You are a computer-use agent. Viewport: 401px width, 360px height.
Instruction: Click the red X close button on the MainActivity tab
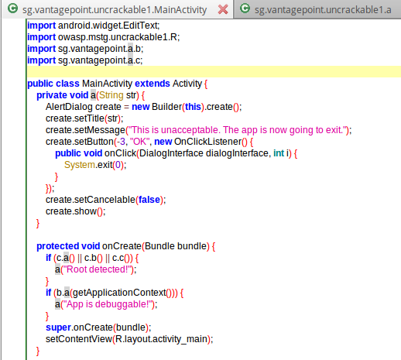[223, 10]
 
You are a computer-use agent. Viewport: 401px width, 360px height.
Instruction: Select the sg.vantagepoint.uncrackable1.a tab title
[323, 10]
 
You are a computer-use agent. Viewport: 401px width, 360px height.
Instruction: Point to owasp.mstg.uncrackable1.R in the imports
[118, 37]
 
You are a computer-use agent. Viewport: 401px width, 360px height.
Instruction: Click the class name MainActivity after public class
[107, 84]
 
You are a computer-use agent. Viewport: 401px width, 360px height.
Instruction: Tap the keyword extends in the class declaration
[153, 84]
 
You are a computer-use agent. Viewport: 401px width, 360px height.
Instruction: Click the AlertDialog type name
[69, 107]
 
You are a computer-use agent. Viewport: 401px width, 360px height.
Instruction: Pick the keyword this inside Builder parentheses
[193, 107]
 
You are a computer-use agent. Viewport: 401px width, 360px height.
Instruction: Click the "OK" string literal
[140, 142]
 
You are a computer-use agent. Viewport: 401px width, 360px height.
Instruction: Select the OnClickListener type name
[207, 142]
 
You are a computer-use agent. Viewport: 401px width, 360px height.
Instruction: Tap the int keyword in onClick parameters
[279, 153]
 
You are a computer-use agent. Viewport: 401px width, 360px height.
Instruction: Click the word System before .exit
[80, 165]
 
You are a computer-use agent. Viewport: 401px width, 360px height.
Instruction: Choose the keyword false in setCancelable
[149, 200]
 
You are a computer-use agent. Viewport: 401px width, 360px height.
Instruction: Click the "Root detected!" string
[98, 269]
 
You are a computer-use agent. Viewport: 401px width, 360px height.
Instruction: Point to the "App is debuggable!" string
[108, 304]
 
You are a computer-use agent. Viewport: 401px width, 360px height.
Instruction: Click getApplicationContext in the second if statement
[119, 293]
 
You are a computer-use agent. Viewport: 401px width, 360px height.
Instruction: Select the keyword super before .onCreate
[58, 327]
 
